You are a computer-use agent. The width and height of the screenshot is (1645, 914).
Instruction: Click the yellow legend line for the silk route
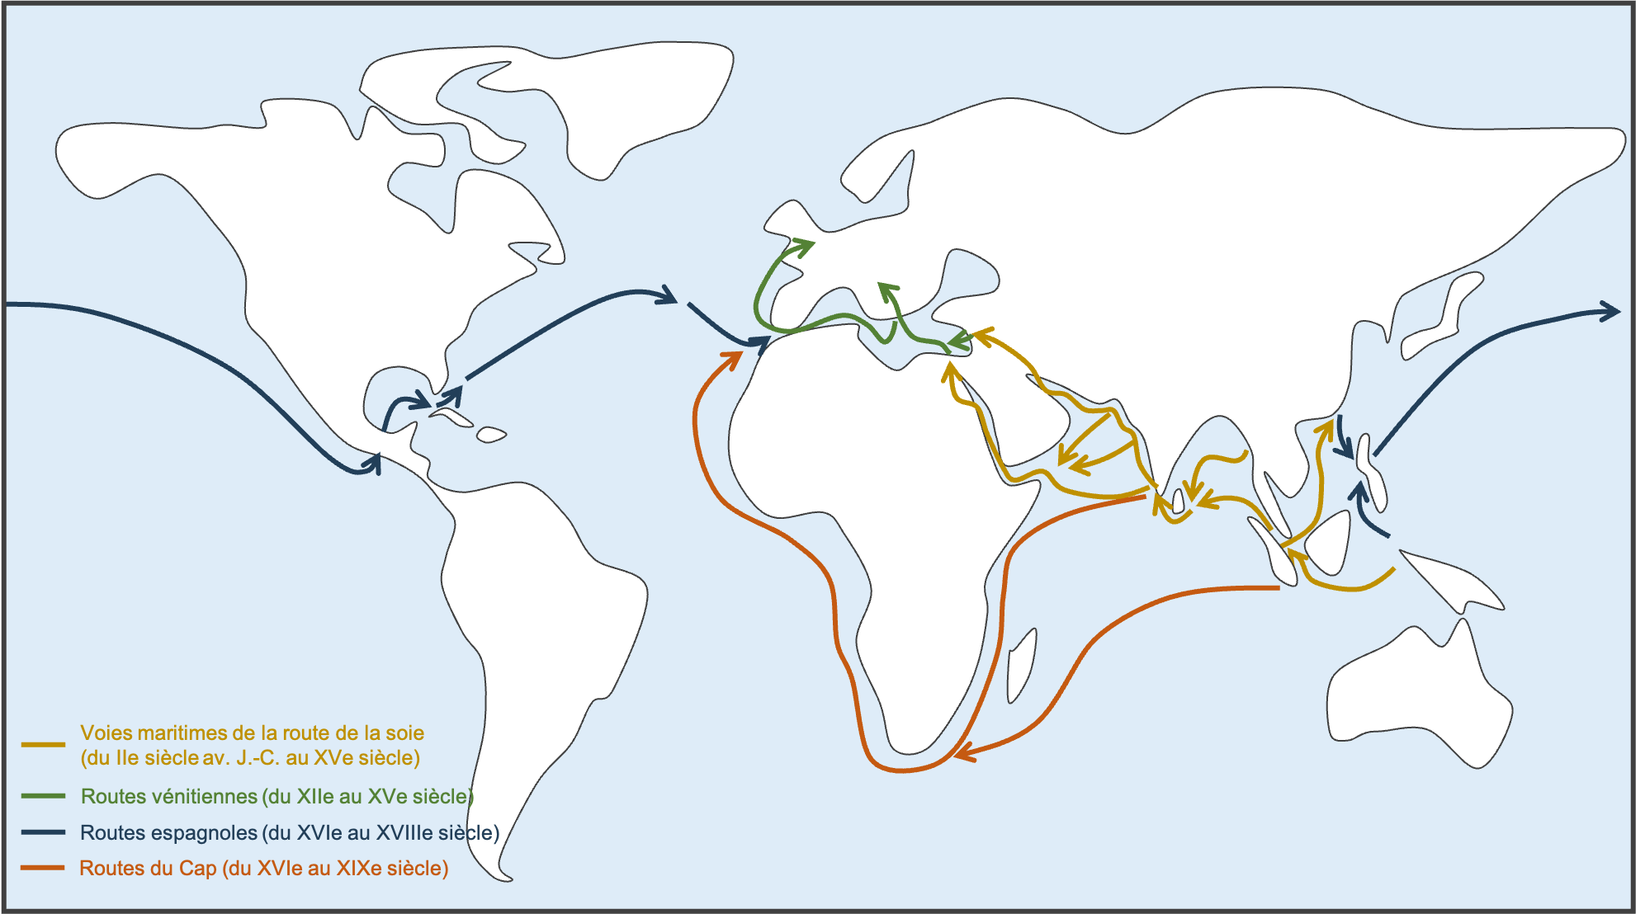coord(43,744)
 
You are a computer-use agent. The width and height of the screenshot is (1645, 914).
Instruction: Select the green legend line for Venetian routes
coord(43,796)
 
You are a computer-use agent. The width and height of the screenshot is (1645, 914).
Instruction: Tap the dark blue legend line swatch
coord(43,832)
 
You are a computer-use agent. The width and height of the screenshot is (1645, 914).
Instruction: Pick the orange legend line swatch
coord(43,868)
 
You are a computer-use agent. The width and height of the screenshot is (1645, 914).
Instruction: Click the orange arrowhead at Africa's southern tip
coord(964,751)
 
